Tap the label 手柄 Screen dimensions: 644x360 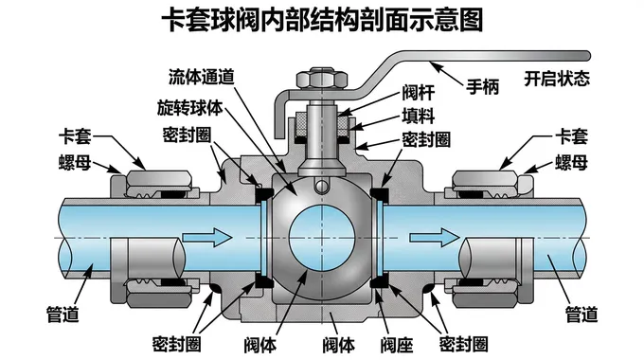(482, 87)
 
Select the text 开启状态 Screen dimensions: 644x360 (557, 78)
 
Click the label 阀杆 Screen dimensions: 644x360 (418, 93)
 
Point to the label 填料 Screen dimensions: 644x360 (418, 116)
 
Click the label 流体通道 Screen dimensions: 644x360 (202, 77)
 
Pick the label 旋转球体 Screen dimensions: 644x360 (189, 108)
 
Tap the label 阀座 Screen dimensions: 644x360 (396, 345)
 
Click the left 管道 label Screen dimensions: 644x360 (62, 315)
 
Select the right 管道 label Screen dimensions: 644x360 (581, 315)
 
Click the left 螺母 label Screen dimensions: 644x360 (74, 163)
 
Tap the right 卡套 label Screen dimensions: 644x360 (571, 136)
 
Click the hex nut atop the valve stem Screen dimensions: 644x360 (322, 79)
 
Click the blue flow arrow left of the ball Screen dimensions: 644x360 (207, 237)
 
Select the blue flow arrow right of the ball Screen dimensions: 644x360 (434, 237)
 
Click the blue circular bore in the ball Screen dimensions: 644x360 (322, 238)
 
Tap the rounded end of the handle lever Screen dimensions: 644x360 (586, 56)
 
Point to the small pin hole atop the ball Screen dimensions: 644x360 (322, 187)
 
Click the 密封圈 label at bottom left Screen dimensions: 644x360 (176, 344)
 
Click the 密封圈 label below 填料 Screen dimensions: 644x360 (426, 139)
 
